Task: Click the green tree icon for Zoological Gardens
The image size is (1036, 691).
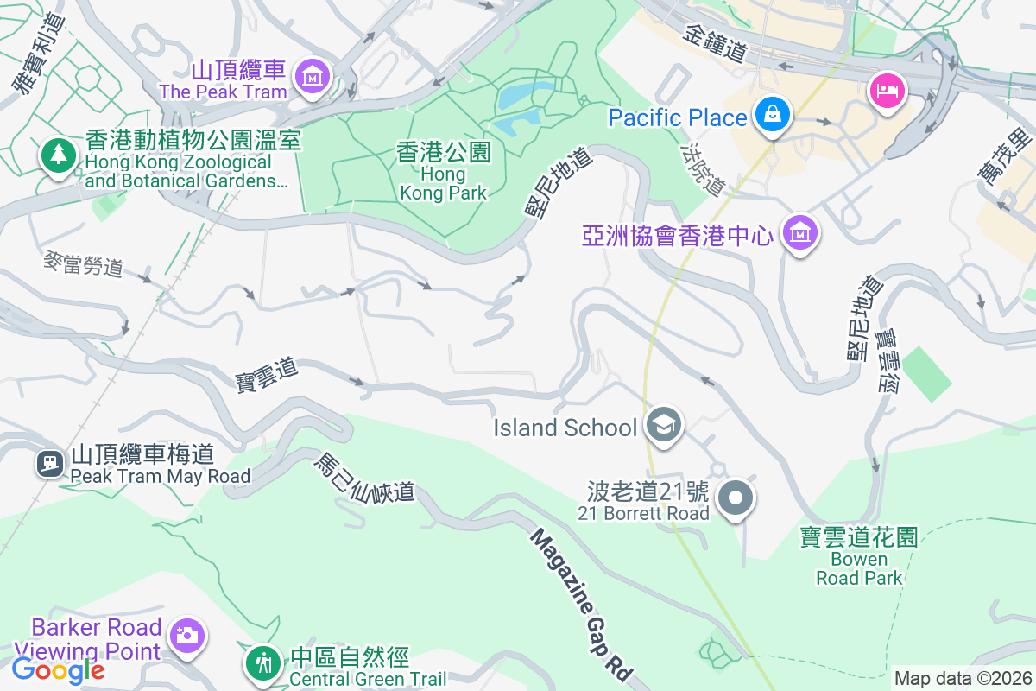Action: [58, 155]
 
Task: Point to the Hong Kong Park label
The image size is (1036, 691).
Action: [444, 172]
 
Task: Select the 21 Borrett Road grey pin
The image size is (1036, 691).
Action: [736, 498]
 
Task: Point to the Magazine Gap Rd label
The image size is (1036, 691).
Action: [582, 604]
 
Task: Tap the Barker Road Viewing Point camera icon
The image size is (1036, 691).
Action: [186, 635]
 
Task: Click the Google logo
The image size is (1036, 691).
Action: [58, 669]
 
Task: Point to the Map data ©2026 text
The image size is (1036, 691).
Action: [962, 678]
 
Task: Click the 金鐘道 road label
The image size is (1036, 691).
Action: [714, 42]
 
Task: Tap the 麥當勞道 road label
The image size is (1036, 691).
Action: [84, 263]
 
